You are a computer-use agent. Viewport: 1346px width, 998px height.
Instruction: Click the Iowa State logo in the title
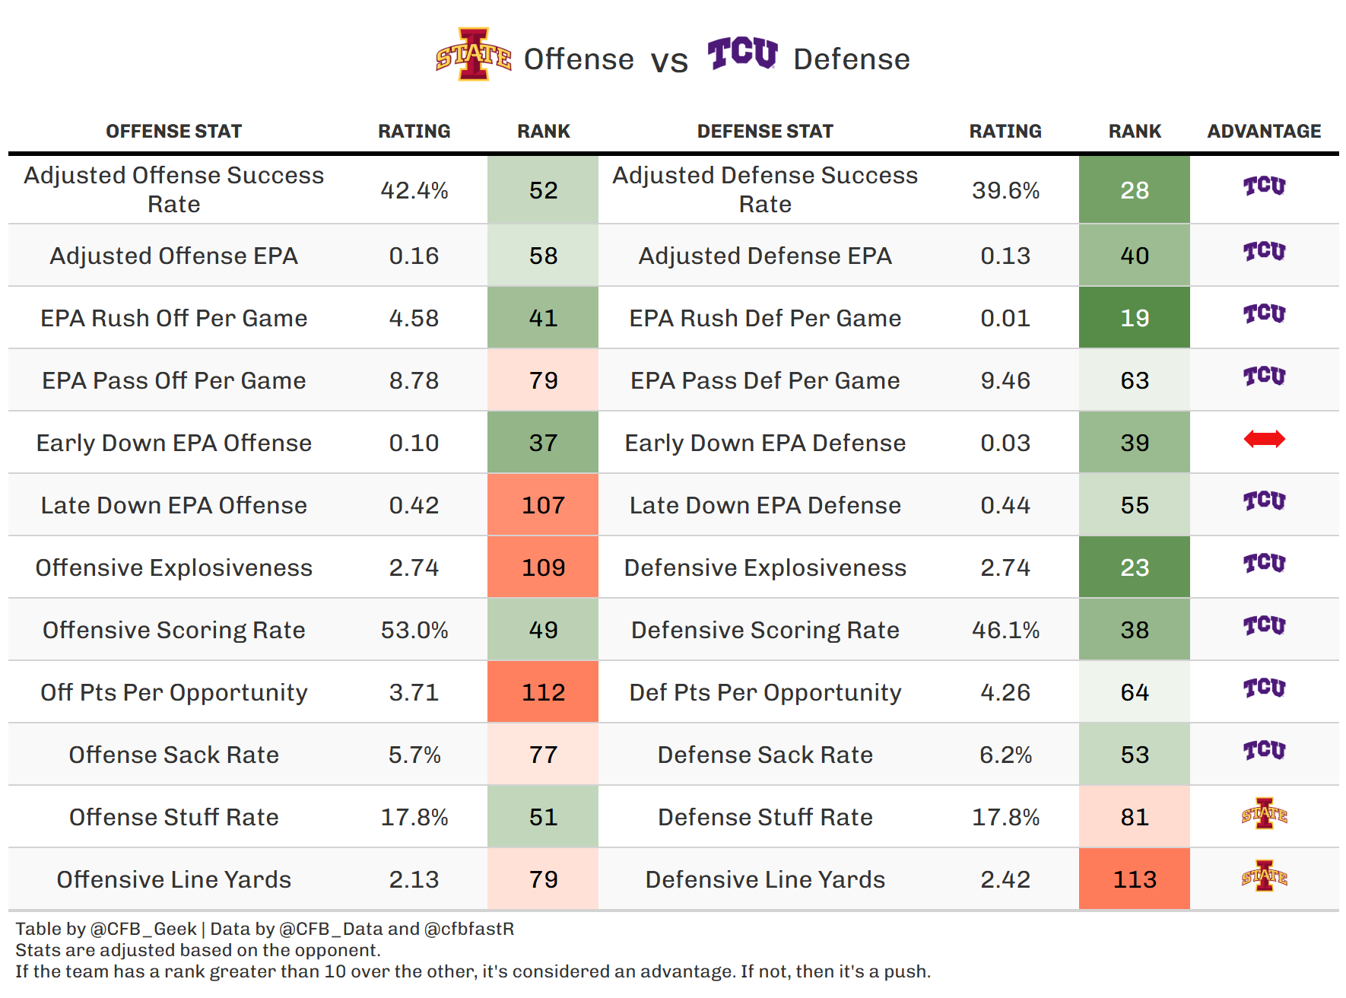click(x=473, y=55)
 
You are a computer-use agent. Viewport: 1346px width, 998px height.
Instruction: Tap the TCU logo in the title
click(x=742, y=53)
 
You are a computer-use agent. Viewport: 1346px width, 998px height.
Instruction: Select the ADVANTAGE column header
click(x=1264, y=132)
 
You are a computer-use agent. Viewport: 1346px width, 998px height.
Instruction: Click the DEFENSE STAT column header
click(x=765, y=132)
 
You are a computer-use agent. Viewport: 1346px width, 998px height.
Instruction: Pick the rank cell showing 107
click(x=543, y=505)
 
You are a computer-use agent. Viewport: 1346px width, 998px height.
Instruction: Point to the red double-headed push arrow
click(x=1264, y=439)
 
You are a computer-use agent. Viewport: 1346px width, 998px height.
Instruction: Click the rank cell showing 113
click(x=1135, y=879)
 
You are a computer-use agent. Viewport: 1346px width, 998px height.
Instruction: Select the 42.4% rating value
click(x=414, y=190)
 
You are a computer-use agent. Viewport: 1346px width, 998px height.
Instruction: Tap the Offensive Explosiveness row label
click(x=174, y=567)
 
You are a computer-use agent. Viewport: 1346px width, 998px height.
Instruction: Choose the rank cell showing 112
click(x=543, y=692)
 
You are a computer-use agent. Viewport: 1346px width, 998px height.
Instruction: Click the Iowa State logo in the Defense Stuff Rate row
click(x=1264, y=814)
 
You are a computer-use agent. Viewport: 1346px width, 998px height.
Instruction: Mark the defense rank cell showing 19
click(x=1135, y=318)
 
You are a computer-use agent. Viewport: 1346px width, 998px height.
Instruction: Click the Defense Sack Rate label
click(x=765, y=755)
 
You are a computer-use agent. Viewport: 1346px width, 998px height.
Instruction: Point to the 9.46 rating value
click(x=1005, y=380)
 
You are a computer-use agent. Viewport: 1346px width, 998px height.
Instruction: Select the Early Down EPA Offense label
click(x=174, y=443)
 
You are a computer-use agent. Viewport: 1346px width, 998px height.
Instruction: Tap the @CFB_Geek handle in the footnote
click(x=143, y=929)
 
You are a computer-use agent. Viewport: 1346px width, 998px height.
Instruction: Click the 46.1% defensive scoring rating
click(x=1005, y=630)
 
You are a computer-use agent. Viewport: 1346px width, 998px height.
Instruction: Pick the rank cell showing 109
click(x=543, y=567)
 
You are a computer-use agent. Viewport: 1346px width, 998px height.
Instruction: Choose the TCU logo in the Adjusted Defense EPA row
click(x=1264, y=251)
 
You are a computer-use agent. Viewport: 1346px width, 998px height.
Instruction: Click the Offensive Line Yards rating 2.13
click(x=414, y=879)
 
